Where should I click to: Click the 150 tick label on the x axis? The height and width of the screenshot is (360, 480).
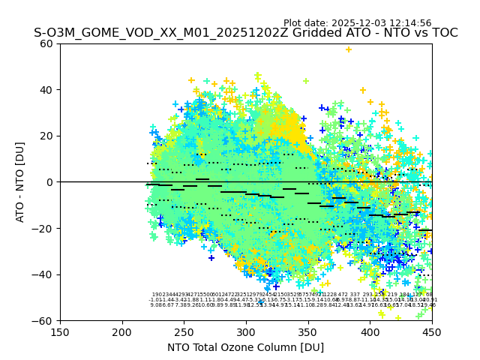tap(60, 331)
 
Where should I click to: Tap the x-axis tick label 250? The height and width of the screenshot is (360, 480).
tap(184, 331)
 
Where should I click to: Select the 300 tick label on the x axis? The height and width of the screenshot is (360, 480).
tap(246, 331)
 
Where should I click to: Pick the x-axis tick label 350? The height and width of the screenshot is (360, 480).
tap(308, 331)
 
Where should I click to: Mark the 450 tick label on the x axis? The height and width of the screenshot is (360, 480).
tap(432, 331)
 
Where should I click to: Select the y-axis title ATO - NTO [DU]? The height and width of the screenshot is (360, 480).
tap(20, 182)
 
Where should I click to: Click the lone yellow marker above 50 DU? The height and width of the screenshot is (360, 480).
tap(348, 49)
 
